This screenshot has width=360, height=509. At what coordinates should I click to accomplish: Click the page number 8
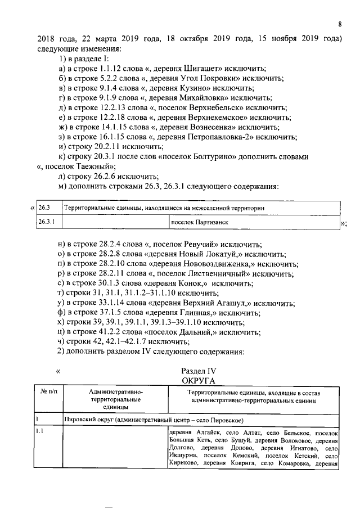[340, 24]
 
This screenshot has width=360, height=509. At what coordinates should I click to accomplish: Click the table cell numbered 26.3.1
[46, 222]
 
